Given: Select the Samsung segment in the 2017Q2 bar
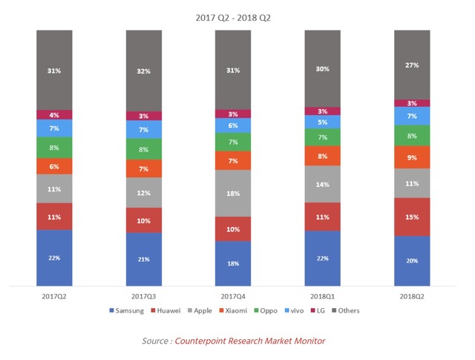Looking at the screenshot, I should [x=54, y=257].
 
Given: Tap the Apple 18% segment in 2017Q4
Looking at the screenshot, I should [x=233, y=192].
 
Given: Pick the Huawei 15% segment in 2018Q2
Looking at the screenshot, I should [x=412, y=217].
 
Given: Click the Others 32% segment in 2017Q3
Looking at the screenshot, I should [x=144, y=71].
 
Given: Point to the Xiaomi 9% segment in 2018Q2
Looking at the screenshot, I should [x=412, y=157].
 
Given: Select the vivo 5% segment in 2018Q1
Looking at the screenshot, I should [x=323, y=122].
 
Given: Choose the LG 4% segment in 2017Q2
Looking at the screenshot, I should [x=54, y=114].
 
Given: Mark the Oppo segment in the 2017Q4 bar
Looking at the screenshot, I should [x=233, y=142].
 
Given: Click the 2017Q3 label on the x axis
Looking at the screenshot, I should [x=144, y=295].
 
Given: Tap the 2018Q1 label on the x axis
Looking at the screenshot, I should [x=323, y=295].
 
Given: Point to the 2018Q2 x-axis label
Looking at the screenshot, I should [x=412, y=295].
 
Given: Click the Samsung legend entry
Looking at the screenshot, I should [x=127, y=310].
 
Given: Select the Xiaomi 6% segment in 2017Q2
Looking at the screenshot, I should [x=54, y=166].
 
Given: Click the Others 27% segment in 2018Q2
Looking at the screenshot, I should [x=412, y=65].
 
